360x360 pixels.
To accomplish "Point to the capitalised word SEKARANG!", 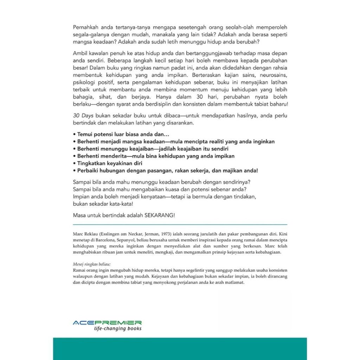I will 160,216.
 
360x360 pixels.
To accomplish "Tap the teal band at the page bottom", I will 180,348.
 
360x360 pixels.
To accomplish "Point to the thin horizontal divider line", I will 180,224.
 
